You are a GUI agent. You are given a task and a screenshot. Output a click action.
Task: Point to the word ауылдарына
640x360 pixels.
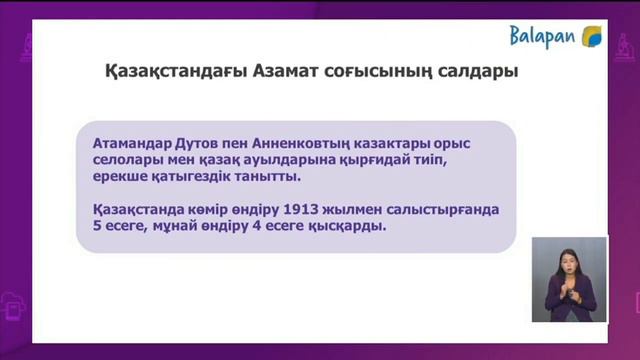(341, 159)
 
